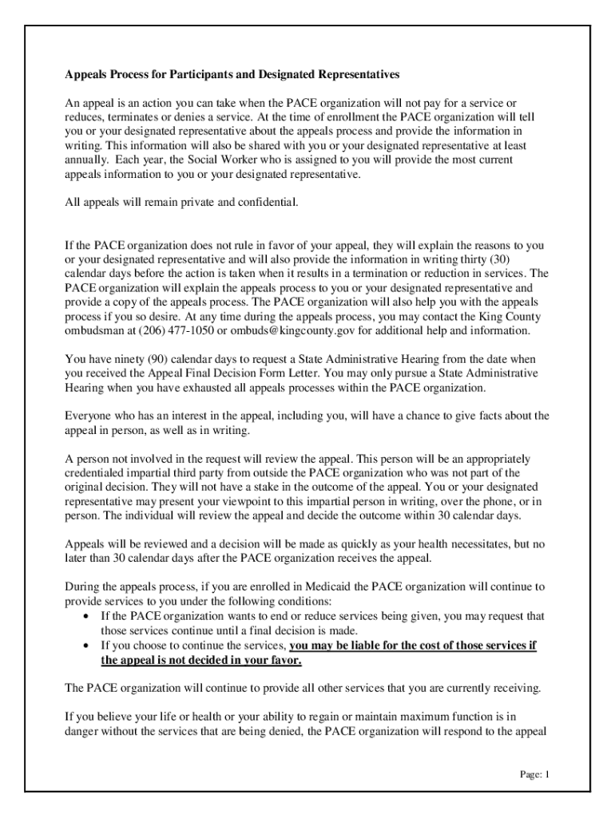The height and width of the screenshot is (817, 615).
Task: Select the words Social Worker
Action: tap(199, 160)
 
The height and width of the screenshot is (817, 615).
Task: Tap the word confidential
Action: tap(262, 203)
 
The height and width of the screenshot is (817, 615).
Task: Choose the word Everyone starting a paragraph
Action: tap(89, 416)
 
